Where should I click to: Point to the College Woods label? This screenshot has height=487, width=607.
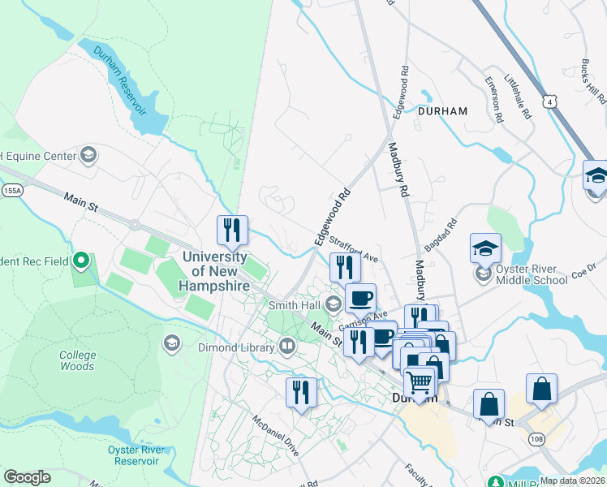77,360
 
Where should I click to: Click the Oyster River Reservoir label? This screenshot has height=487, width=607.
125,455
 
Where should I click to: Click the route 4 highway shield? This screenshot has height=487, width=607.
551,100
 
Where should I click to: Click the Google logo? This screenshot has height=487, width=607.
27,476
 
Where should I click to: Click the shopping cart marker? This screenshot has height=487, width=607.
420,381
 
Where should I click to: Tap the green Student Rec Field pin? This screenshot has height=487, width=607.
80,261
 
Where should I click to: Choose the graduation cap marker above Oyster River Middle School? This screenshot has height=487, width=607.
485,248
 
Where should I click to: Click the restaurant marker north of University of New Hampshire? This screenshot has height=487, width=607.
232,231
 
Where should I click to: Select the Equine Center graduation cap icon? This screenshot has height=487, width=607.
88,155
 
